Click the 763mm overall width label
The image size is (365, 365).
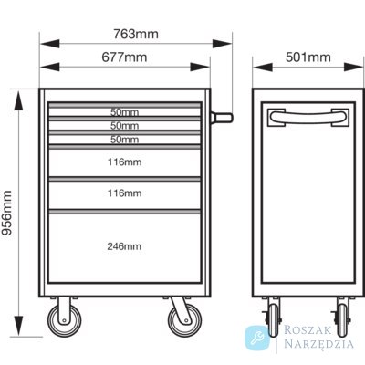[x=136, y=34]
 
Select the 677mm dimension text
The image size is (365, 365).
[x=124, y=57]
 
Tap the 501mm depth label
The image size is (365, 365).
[x=308, y=57]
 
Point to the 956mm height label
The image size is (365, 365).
[x=6, y=213]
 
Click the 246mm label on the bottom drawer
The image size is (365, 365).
[x=124, y=246]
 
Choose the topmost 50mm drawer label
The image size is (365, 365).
[x=124, y=112]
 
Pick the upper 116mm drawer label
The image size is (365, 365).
[x=124, y=162]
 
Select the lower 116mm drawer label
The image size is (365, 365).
[x=124, y=193]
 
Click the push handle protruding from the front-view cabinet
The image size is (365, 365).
[x=222, y=118]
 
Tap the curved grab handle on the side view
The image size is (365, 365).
[x=308, y=117]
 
